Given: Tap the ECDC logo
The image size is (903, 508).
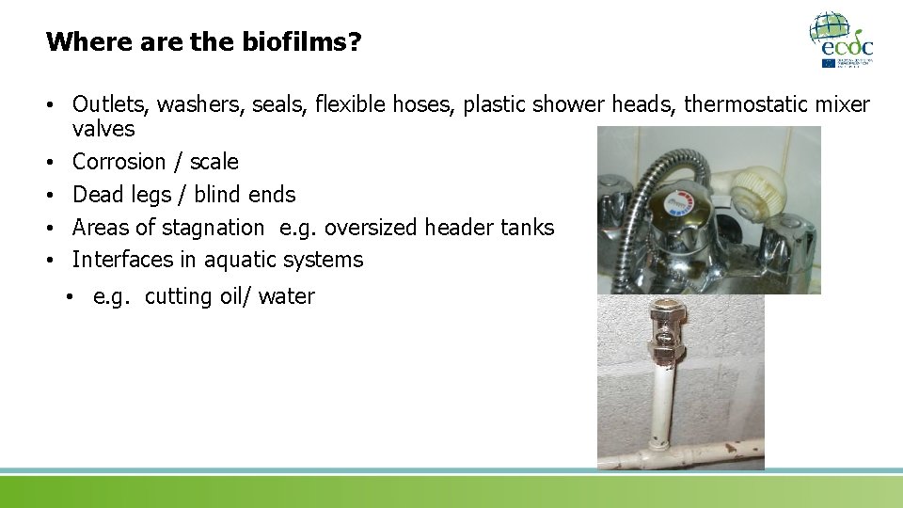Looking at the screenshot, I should point(841,40).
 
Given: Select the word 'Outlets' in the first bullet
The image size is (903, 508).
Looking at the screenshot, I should point(106,103).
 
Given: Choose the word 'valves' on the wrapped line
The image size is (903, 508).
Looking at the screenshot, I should point(103,128).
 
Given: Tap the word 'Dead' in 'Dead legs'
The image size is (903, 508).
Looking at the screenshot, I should point(98,195).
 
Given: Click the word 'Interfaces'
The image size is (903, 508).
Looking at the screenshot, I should point(122,260).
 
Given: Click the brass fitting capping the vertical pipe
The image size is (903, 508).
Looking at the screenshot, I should point(662,330).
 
